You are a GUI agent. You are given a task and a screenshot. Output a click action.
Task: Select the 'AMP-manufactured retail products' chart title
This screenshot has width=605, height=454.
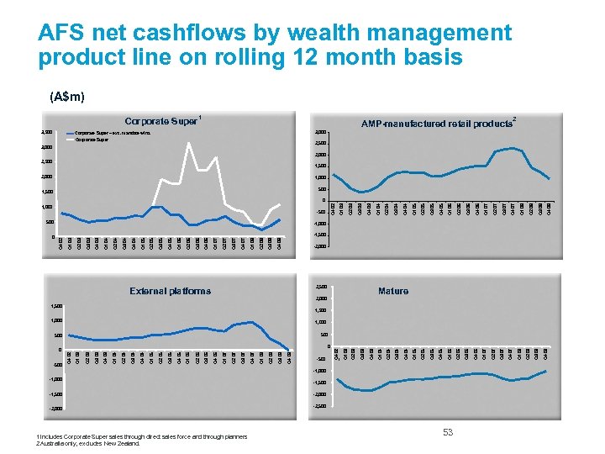(436, 124)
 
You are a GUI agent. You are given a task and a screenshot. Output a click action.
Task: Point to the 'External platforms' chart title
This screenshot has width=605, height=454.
(171, 291)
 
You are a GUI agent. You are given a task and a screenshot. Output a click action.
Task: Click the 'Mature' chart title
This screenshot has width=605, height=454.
(393, 291)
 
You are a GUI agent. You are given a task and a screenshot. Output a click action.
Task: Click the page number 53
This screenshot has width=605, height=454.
(448, 432)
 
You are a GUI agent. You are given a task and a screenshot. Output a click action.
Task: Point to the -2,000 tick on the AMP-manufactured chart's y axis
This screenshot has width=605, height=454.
(319, 246)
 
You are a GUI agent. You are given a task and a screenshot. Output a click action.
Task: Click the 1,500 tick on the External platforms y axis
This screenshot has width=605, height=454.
(55, 306)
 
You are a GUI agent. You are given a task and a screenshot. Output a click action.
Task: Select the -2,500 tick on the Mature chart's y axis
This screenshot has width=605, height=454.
(319, 408)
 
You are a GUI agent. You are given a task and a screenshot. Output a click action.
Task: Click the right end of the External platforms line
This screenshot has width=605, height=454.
(289, 349)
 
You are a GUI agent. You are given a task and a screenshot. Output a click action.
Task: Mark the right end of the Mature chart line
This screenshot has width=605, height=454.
(546, 371)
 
